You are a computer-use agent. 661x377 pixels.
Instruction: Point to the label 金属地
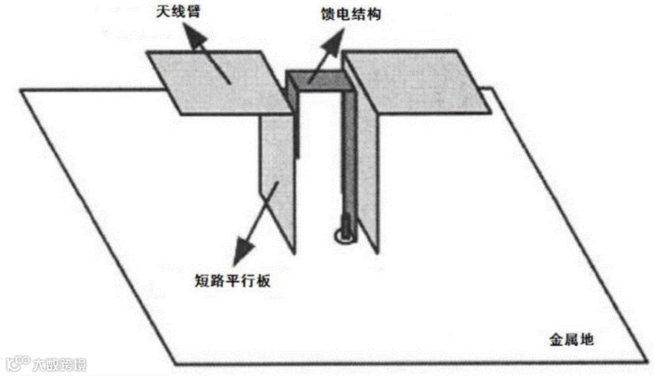pos(572,341)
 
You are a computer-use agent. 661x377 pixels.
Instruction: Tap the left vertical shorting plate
pos(278,178)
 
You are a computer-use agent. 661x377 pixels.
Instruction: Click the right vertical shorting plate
pos(369,170)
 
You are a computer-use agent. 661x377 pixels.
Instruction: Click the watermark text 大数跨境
pos(58,364)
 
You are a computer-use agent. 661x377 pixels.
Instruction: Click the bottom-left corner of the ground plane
pos(176,364)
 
